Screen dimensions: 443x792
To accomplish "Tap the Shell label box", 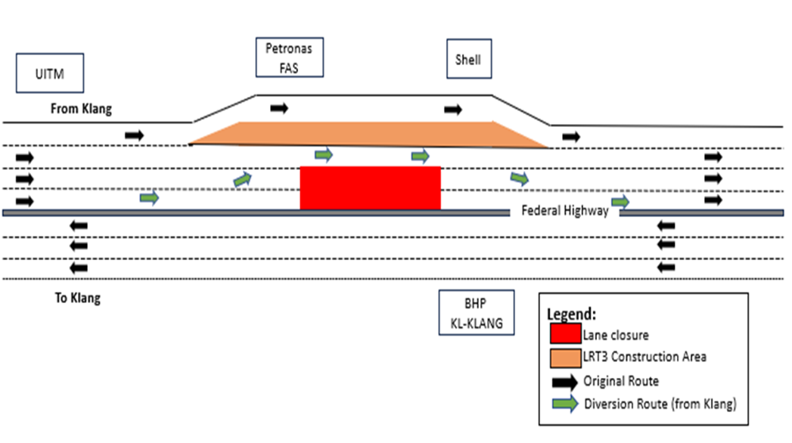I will coord(468,58).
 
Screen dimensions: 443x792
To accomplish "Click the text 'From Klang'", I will coord(81,109).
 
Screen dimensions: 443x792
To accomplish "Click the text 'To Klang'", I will coord(77,298).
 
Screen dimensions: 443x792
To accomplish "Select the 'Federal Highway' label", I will coord(565,211).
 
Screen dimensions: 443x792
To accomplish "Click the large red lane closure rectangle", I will coord(370,187).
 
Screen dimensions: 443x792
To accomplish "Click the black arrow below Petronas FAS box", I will coord(279,108).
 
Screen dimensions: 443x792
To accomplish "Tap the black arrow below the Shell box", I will coord(452,110).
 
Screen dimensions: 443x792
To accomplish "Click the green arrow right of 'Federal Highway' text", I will coord(620,202).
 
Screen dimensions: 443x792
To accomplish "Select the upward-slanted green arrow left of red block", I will coord(243,179).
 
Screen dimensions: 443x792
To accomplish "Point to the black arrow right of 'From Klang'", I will coord(134,135).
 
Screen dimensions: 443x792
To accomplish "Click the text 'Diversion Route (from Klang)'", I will coord(660,404).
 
